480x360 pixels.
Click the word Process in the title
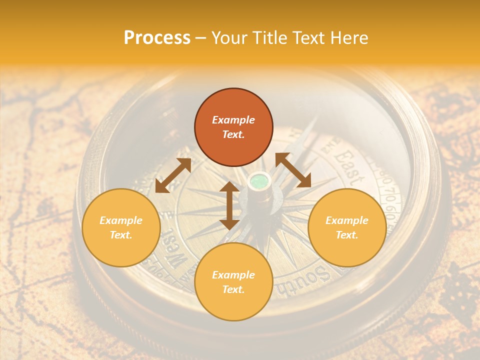coord(157,38)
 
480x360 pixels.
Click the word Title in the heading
coord(270,38)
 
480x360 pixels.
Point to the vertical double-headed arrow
coord(229,205)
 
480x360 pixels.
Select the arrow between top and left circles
coord(173,175)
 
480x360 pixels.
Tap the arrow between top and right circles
coord(293,170)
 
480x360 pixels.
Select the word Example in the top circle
coord(233,120)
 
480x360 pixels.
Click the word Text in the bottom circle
coord(233,289)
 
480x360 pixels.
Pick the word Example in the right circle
coord(347,220)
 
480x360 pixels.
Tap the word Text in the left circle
coord(121,235)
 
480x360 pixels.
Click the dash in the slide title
coord(201,38)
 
